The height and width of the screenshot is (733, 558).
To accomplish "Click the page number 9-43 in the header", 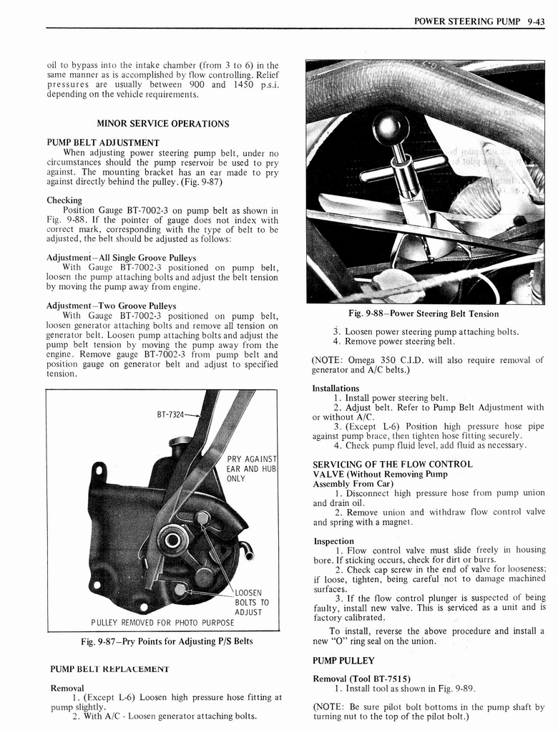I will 533,21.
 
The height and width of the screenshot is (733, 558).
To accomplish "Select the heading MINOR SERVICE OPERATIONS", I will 162,124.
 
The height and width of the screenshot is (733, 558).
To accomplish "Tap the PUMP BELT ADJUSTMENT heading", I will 102,142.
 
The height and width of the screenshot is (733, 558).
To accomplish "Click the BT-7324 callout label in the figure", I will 171,414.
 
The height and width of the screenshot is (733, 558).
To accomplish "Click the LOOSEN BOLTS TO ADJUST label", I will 251,603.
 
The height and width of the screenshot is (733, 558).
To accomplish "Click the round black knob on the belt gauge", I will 391,128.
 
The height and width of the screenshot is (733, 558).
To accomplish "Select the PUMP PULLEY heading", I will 343,660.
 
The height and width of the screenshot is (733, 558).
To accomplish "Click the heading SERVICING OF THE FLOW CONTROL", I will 392,464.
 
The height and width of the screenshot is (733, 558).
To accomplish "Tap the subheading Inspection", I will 333,541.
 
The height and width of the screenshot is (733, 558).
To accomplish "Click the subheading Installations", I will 336,388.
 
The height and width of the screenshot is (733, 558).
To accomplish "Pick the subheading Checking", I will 64,200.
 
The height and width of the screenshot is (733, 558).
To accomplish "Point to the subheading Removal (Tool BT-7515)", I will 361,679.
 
